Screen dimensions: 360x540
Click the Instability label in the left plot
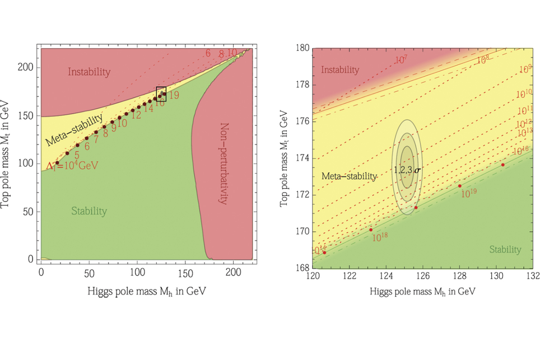(90, 72)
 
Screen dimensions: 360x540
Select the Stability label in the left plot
(89, 211)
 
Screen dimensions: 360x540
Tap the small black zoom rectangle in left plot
(161, 94)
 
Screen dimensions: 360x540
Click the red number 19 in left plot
(173, 96)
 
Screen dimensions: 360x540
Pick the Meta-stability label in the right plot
(349, 176)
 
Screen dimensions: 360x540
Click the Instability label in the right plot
(341, 70)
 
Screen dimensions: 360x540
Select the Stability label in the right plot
(505, 250)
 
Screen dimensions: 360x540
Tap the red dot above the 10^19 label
(460, 186)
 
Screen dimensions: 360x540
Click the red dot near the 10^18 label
(371, 230)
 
